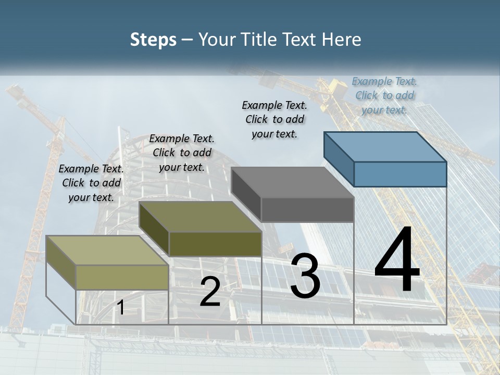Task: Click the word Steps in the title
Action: pyautogui.click(x=153, y=40)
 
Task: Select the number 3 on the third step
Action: pyautogui.click(x=305, y=276)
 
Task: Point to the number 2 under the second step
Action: pyautogui.click(x=210, y=292)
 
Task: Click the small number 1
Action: pyautogui.click(x=120, y=307)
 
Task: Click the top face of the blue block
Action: pyautogui.click(x=385, y=147)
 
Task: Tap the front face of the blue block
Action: pyautogui.click(x=400, y=174)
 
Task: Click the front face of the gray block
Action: pyautogui.click(x=307, y=210)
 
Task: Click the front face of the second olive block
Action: pyautogui.click(x=215, y=244)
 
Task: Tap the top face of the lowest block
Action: pyautogui.click(x=107, y=251)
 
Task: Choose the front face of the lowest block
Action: pyautogui.click(x=122, y=277)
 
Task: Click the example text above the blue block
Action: pyautogui.click(x=384, y=95)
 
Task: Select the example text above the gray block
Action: pyautogui.click(x=274, y=119)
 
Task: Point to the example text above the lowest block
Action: pyautogui.click(x=91, y=183)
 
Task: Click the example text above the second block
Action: pyautogui.click(x=182, y=153)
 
